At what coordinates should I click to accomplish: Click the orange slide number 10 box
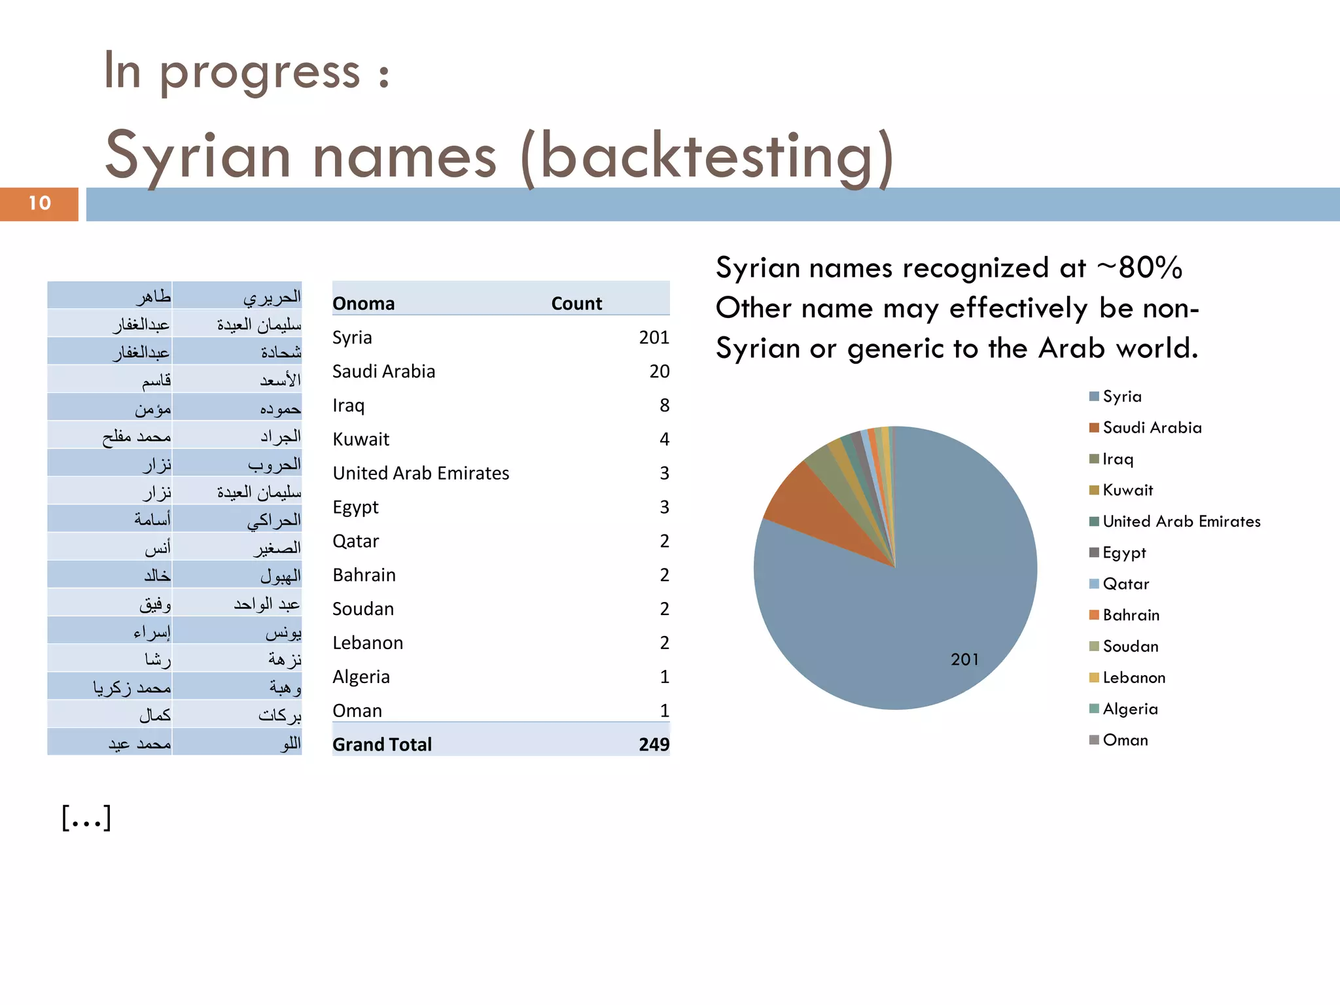tap(39, 203)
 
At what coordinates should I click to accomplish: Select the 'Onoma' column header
tap(364, 304)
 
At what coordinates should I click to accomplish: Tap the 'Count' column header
tap(576, 304)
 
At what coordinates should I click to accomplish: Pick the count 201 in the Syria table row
tap(654, 338)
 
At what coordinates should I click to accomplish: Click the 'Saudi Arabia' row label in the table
tap(383, 372)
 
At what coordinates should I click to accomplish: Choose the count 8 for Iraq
tap(664, 406)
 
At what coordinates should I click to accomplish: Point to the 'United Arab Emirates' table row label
tap(421, 473)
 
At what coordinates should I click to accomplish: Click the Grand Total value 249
tap(654, 745)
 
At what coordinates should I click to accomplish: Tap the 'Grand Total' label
tap(382, 745)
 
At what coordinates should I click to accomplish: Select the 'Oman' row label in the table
tap(357, 711)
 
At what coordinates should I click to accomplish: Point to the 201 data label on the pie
tap(964, 660)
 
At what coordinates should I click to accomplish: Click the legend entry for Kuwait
tap(1127, 490)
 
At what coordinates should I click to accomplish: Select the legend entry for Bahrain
tap(1131, 615)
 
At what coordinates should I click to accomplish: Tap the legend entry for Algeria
tap(1130, 709)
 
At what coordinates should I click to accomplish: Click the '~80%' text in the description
tap(1140, 268)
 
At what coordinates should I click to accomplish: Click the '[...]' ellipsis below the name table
tap(86, 818)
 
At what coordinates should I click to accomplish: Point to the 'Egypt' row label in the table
tap(355, 507)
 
